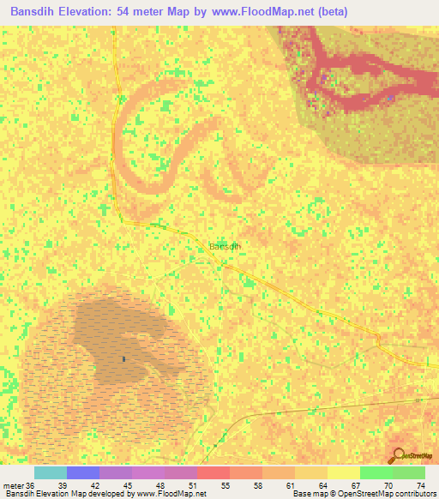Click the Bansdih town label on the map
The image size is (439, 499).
click(225, 246)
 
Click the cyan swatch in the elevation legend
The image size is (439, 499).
click(51, 472)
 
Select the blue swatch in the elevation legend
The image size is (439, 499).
click(83, 472)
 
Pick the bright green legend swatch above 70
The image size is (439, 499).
click(376, 472)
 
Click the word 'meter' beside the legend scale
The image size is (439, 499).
click(14, 486)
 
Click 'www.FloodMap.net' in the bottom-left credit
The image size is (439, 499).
click(175, 495)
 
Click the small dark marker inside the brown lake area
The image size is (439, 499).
click(124, 359)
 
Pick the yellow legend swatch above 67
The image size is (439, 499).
click(343, 472)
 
